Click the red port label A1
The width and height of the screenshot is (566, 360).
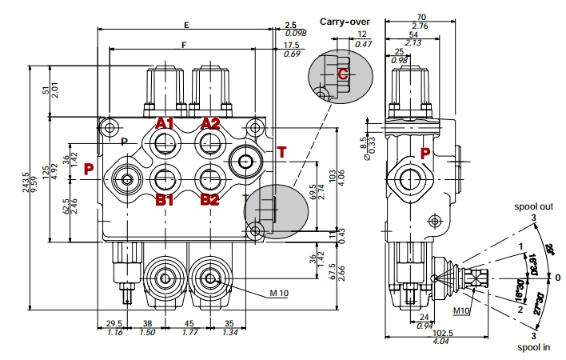165,123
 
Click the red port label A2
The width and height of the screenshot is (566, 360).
210,123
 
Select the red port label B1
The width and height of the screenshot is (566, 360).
165,199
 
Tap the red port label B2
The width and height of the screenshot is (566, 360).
210,199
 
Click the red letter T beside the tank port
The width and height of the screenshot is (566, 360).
281,153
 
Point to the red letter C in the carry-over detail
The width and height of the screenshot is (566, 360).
342,74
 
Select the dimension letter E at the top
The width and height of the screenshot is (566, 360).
186,25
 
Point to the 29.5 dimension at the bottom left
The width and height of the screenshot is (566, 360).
114,324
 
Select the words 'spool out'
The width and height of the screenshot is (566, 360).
534,206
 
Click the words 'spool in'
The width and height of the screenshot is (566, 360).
534,348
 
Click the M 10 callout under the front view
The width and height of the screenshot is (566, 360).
278,293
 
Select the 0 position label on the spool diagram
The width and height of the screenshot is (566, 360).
559,278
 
